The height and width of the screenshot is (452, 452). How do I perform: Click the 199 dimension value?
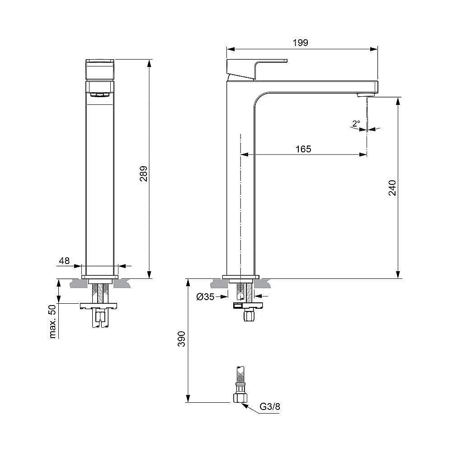click(300, 42)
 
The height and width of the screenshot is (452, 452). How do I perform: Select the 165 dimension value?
click(303, 149)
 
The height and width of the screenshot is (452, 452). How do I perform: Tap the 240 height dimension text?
click(392, 188)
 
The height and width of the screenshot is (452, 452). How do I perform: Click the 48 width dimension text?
click(64, 260)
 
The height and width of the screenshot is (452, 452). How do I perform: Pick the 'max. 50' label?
click(53, 321)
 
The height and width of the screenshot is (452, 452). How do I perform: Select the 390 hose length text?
click(181, 339)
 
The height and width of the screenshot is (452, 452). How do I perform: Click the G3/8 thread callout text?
click(270, 406)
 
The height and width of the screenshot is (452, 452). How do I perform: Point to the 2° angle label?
click(356, 123)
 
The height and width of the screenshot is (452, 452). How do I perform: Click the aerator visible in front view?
click(100, 94)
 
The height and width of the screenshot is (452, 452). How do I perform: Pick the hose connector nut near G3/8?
click(240, 396)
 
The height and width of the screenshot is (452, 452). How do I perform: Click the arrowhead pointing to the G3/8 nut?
click(245, 404)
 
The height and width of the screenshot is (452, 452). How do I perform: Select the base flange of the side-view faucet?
click(241, 277)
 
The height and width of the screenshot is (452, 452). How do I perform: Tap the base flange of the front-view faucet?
click(100, 276)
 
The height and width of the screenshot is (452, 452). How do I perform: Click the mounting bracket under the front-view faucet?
click(99, 306)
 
